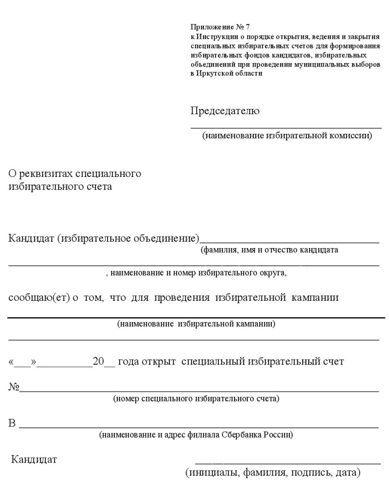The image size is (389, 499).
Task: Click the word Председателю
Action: [x=225, y=111]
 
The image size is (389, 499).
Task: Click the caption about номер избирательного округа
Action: [x=196, y=273]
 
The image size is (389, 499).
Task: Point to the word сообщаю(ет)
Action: [x=39, y=298]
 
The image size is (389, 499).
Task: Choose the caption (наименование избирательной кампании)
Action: [x=196, y=324]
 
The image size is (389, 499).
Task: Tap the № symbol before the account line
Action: [x=13, y=387]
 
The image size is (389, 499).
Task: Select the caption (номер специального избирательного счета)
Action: [x=196, y=398]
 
